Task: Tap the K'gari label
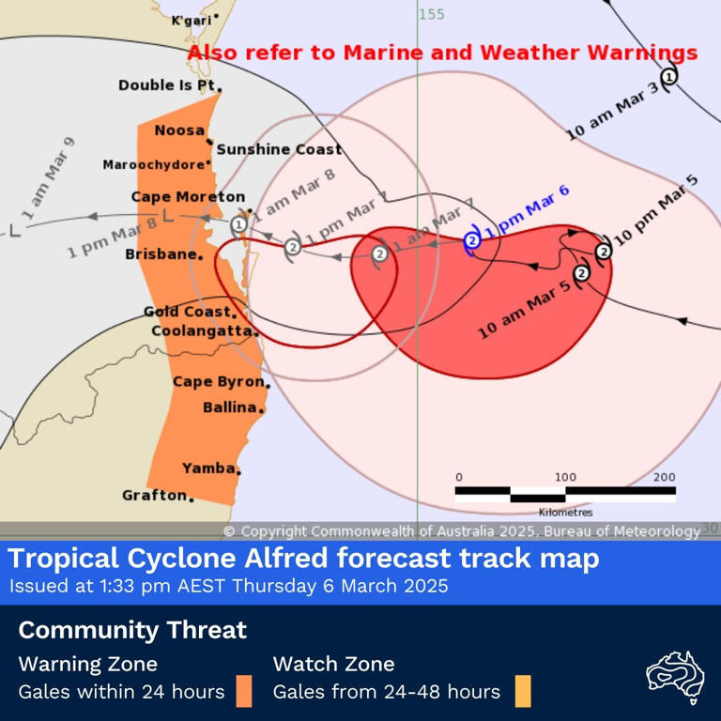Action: (192, 21)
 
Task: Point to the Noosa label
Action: (178, 130)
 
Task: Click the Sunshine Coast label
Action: (266, 149)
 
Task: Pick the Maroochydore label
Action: (154, 165)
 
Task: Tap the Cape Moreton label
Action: (188, 197)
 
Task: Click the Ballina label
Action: (229, 407)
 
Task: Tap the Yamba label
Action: (208, 468)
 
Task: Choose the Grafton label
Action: (155, 495)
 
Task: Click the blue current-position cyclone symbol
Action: (473, 241)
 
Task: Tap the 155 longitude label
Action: (432, 14)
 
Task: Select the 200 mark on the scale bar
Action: (664, 478)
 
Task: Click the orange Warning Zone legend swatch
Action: (243, 691)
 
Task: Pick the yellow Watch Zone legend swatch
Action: (522, 691)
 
